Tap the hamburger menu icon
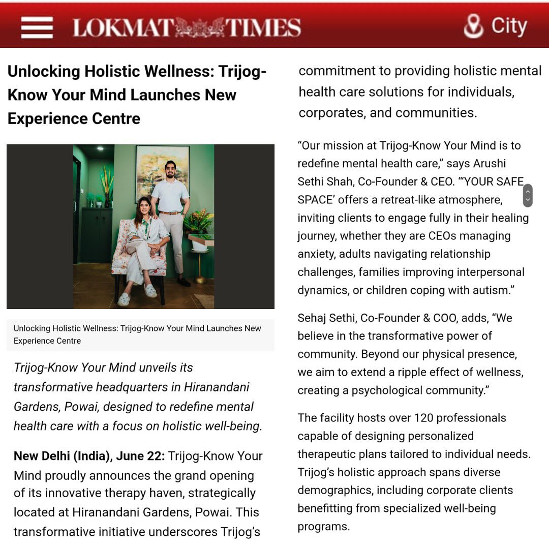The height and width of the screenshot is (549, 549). [x=37, y=27]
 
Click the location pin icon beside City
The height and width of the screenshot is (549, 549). [x=473, y=26]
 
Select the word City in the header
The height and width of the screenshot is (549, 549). [x=509, y=26]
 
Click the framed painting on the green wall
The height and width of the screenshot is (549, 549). [x=163, y=173]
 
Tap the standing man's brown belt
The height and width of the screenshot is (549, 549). [x=170, y=213]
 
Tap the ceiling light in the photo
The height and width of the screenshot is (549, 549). [x=99, y=148]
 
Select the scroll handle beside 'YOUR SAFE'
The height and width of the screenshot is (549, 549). [x=527, y=195]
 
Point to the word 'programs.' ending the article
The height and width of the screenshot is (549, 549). [x=324, y=526]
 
